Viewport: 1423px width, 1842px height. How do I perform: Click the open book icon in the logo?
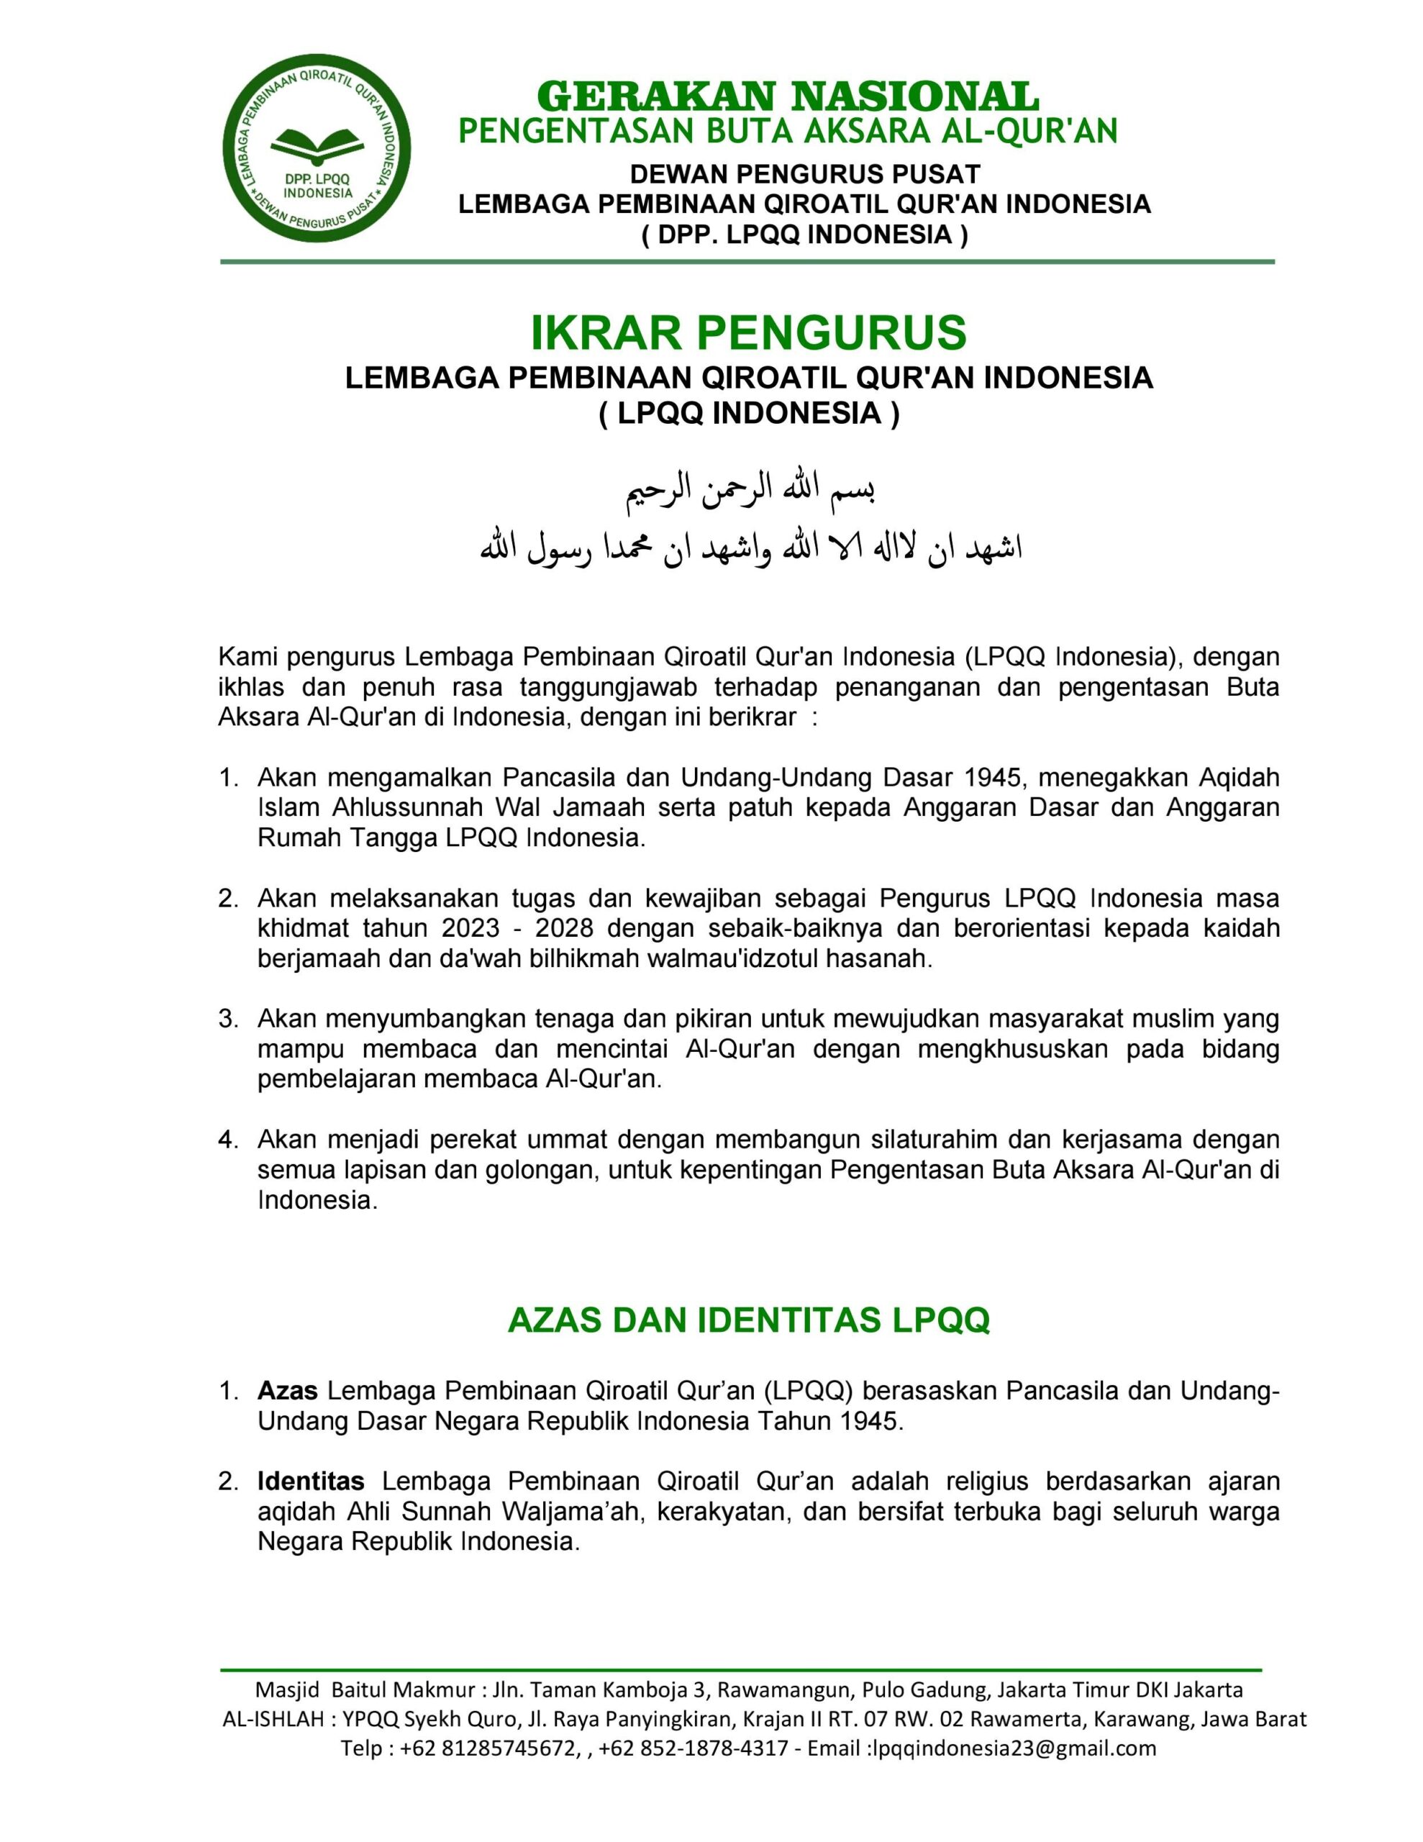coord(317,146)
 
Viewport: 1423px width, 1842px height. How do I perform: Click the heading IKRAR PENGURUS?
coord(748,332)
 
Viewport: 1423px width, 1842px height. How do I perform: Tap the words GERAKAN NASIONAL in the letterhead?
coord(787,96)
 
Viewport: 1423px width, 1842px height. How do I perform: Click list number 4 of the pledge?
coord(228,1140)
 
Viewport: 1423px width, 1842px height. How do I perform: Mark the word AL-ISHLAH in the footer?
coord(272,1720)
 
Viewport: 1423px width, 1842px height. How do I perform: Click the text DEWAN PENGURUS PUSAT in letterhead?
coord(805,175)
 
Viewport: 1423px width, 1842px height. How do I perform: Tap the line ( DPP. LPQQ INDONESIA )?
coord(805,234)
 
